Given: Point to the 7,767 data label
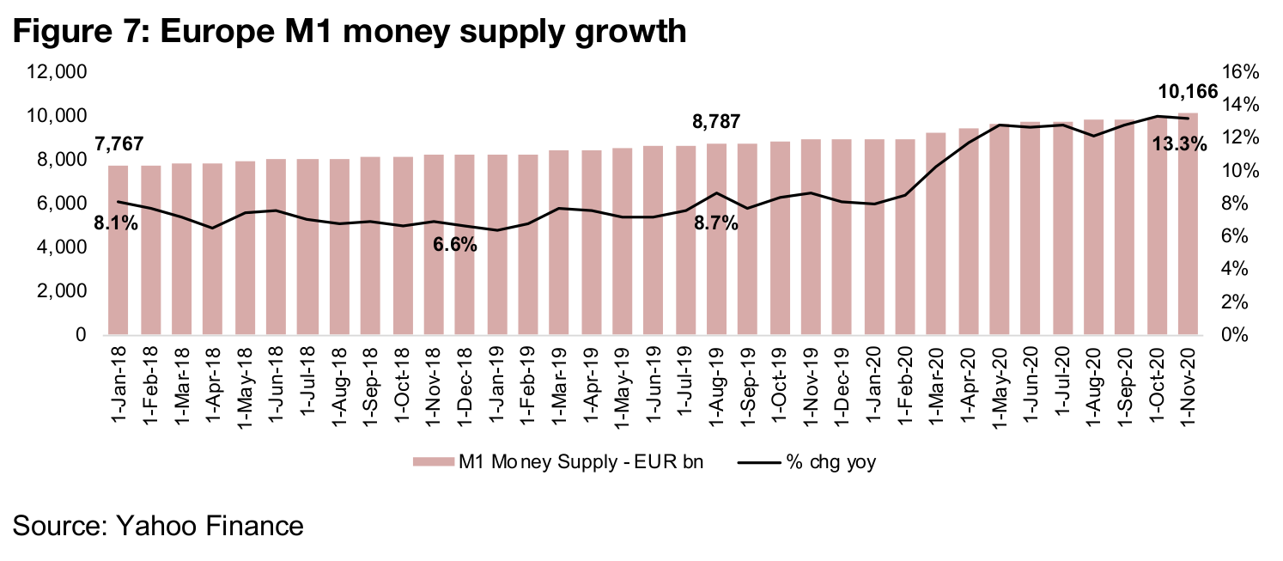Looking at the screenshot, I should [x=119, y=143].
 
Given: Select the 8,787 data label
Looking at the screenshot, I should [x=717, y=122].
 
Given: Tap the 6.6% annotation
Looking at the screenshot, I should [x=454, y=244].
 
